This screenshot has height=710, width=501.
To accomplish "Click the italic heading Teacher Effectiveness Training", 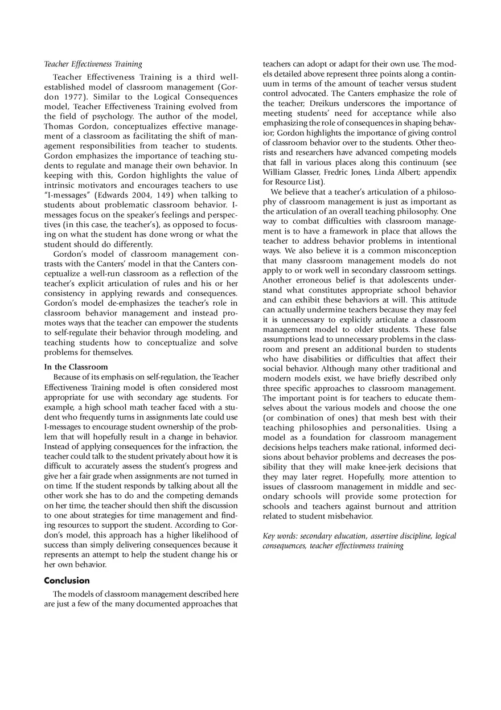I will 93,64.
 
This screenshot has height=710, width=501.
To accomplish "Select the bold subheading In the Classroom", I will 76,367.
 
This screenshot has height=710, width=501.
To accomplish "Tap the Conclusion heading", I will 67,581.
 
